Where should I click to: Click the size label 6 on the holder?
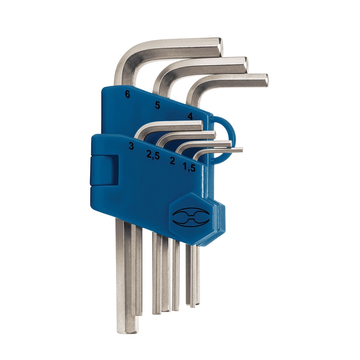click(x=128, y=94)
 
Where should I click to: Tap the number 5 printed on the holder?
click(x=157, y=105)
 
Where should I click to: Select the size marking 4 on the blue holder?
click(x=190, y=116)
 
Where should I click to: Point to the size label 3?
click(x=131, y=146)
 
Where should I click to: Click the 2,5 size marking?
click(x=153, y=155)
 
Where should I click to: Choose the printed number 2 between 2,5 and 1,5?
click(x=172, y=161)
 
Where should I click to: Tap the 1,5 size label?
click(x=189, y=167)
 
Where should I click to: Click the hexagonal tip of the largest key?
click(x=220, y=47)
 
